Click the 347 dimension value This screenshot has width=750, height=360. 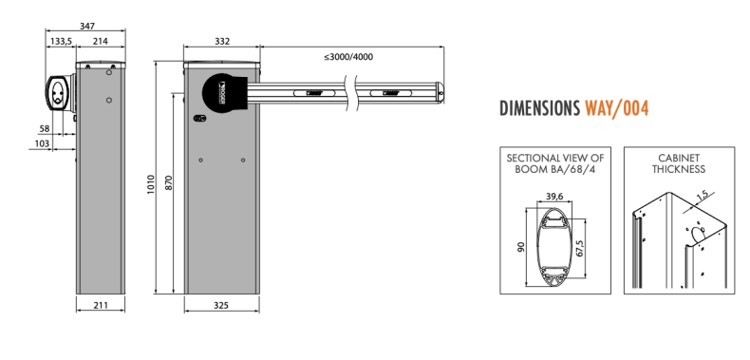tap(87, 26)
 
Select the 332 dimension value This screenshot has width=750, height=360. tap(222, 42)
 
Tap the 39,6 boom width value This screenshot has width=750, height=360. tap(555, 197)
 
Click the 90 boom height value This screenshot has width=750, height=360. tap(520, 246)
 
